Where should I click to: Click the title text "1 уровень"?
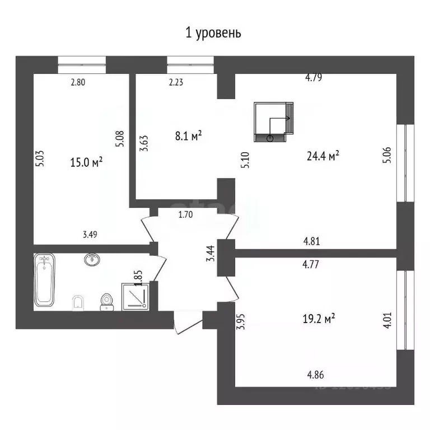click(213, 33)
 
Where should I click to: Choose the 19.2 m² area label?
click(319, 319)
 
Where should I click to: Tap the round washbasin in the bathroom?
click(92, 259)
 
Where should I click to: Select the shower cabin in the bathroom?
click(135, 295)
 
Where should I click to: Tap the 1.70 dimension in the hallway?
click(186, 213)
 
